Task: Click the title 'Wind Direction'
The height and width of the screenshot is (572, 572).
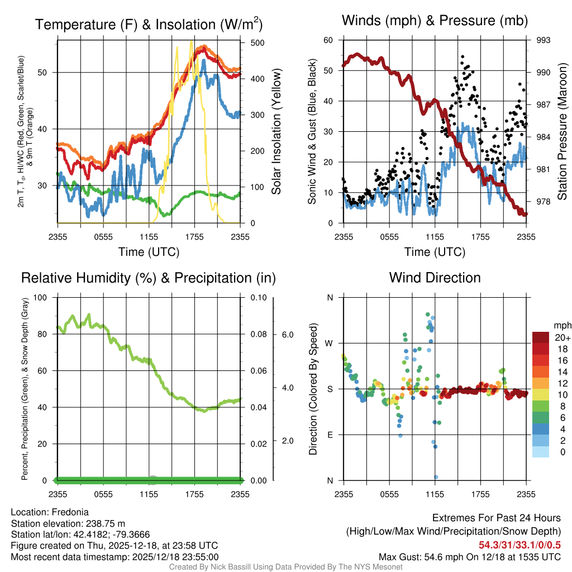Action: coord(435,278)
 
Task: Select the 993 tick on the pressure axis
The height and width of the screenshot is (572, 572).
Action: coord(544,40)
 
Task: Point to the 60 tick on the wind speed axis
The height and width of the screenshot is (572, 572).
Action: coord(328,40)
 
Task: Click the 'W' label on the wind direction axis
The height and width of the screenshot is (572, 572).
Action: coord(330,343)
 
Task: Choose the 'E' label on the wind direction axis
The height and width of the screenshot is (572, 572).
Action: coord(330,435)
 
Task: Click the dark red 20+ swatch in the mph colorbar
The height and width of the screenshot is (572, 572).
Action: coord(542,337)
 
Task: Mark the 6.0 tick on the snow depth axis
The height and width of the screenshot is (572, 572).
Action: coord(287,335)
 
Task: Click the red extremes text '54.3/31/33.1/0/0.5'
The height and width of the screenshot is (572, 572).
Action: coord(519,545)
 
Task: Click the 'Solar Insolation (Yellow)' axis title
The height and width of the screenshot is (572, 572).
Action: coord(277,131)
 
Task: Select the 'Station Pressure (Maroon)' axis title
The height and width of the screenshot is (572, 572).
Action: coord(563,131)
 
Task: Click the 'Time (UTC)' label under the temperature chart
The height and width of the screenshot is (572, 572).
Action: coord(149,252)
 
